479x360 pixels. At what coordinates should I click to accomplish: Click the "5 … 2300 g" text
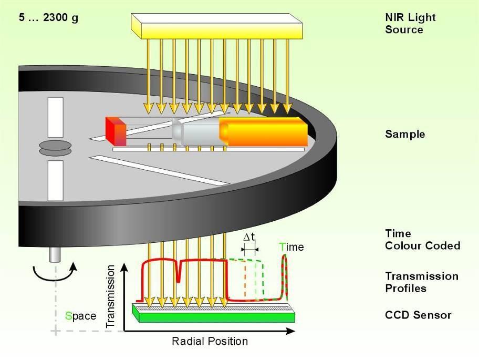(48, 17)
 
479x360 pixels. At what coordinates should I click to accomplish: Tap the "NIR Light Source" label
(410, 23)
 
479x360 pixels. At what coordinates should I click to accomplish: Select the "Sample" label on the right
(405, 134)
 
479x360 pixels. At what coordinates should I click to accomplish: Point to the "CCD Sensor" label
(418, 315)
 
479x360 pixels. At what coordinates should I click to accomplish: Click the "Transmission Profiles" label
(422, 282)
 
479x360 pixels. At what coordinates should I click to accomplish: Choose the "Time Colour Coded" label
(422, 240)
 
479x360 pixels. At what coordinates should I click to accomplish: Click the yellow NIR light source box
(217, 26)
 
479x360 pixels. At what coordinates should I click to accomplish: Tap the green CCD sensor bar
(214, 313)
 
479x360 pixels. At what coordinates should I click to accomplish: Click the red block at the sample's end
(116, 131)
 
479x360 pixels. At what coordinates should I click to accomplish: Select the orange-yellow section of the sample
(263, 131)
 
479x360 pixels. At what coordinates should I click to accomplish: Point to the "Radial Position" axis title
(210, 341)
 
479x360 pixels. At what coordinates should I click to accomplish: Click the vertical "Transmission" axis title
(110, 296)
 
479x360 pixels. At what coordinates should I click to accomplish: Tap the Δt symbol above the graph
(249, 237)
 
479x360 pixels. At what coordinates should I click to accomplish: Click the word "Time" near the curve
(291, 246)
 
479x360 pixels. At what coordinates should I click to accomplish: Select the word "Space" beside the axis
(81, 316)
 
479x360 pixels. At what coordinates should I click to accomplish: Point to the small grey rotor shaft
(55, 254)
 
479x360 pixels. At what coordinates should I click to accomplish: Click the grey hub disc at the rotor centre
(55, 148)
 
